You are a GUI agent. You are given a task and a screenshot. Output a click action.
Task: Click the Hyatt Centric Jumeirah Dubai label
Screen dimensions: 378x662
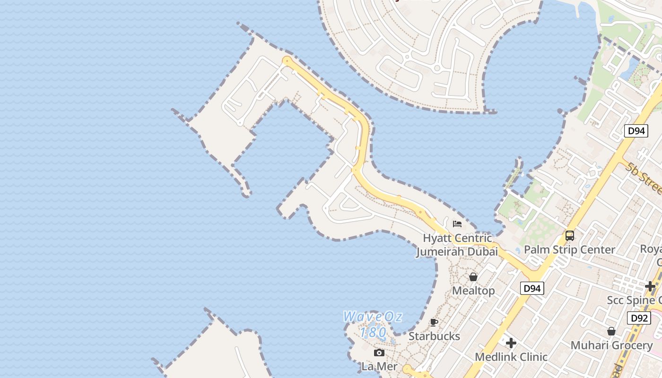(457, 245)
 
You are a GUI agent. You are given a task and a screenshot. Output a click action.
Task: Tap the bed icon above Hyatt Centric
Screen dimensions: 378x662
(457, 223)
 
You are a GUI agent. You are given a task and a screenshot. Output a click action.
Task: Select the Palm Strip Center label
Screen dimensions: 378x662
(569, 249)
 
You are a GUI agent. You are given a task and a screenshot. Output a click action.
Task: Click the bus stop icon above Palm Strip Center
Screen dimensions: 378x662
(570, 235)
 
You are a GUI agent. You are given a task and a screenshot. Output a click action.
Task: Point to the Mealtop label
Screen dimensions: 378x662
(473, 291)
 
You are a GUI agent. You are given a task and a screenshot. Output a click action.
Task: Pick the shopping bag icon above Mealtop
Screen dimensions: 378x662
(473, 277)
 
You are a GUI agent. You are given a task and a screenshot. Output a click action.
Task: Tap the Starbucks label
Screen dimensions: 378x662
(434, 336)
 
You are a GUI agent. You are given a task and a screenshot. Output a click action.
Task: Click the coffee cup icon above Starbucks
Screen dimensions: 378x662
(434, 323)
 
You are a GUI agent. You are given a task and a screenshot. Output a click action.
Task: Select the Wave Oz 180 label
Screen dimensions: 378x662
(373, 324)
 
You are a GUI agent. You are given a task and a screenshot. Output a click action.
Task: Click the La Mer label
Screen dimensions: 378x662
(378, 366)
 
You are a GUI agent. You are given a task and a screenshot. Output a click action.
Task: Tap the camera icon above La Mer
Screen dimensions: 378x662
(379, 352)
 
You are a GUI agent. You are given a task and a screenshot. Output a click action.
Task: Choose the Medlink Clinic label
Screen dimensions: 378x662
(511, 357)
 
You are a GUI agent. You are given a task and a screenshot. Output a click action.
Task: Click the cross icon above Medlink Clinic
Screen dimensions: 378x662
(511, 343)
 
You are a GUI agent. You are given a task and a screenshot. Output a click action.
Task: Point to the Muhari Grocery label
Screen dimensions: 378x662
(611, 345)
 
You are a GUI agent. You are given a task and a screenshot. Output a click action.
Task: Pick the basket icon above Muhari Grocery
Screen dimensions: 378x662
(611, 331)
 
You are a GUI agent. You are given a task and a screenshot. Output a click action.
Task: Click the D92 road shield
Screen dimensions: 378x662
(639, 318)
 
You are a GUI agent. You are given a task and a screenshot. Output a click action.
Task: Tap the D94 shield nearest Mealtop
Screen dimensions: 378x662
(532, 288)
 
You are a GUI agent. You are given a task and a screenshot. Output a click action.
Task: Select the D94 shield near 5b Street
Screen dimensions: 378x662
(636, 131)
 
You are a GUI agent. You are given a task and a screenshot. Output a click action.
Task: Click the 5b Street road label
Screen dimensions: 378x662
(645, 179)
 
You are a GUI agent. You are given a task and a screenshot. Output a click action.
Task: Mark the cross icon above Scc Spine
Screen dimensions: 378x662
(650, 286)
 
